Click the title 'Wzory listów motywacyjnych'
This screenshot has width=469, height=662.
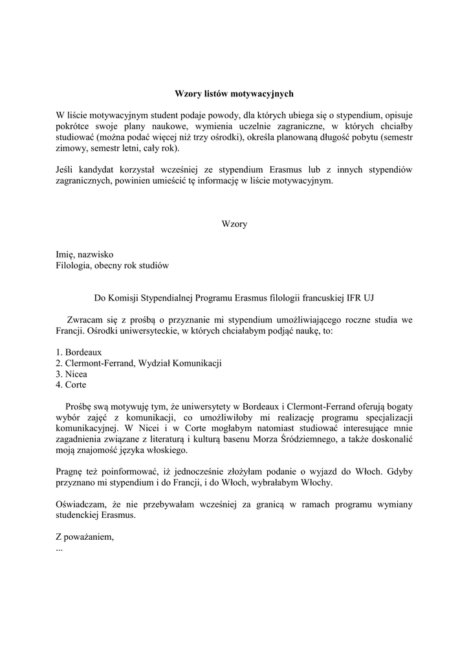point(234,94)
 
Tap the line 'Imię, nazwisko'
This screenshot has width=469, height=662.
point(85,255)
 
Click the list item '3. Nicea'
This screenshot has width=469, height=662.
point(71,374)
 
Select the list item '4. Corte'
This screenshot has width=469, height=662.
point(71,385)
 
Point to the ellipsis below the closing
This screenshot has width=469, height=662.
point(60,547)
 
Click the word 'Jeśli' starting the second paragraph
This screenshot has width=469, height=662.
point(65,169)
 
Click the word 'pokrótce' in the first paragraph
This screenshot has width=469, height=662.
point(73,126)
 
